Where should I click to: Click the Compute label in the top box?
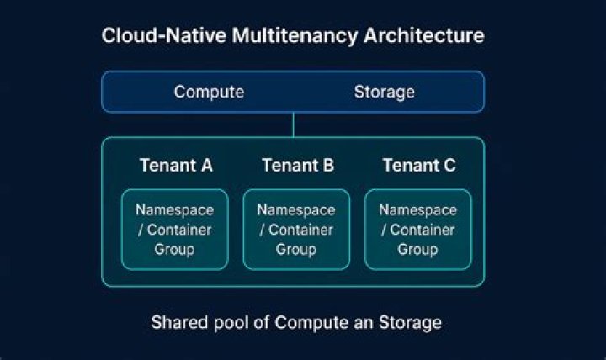point(209,92)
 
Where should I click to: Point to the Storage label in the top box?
point(384,92)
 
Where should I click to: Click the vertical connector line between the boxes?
point(293,124)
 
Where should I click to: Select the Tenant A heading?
point(176,166)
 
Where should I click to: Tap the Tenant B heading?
point(298,166)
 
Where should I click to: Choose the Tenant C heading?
point(419,166)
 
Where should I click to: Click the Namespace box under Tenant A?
point(174,230)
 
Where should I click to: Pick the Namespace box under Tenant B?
point(296,230)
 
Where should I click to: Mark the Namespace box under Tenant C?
point(417,230)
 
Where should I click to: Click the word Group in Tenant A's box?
point(174,250)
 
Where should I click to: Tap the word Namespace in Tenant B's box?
point(296,210)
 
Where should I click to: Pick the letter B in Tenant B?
point(327,166)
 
